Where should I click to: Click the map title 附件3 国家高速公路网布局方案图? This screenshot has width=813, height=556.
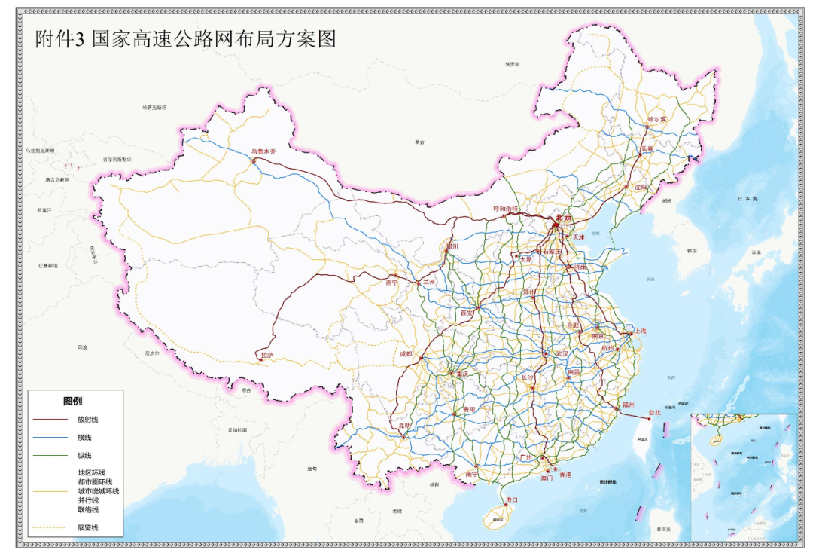coord(185,39)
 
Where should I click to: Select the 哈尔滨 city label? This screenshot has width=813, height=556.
coord(657,119)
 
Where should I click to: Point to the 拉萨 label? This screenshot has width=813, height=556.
coord(266,354)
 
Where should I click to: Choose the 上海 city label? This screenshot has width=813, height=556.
coord(639,331)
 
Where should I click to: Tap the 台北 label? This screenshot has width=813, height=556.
coord(653,413)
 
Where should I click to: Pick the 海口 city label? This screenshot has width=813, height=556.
coord(513,499)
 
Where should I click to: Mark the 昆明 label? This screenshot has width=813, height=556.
coord(406,426)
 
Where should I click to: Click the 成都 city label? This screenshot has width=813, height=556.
coord(406,353)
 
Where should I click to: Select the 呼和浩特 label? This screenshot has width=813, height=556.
coord(506,209)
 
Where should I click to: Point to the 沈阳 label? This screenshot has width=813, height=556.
coord(640,187)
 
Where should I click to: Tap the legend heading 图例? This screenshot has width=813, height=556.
coord(73,401)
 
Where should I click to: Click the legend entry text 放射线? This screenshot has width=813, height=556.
coord(88,419)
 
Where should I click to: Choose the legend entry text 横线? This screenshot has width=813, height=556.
coord(84,437)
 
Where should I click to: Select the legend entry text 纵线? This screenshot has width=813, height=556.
coord(84,455)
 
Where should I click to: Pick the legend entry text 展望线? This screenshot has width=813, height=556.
coord(88,527)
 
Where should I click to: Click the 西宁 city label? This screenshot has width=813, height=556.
coord(391,283)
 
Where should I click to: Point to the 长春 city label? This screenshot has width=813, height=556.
coord(647,148)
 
